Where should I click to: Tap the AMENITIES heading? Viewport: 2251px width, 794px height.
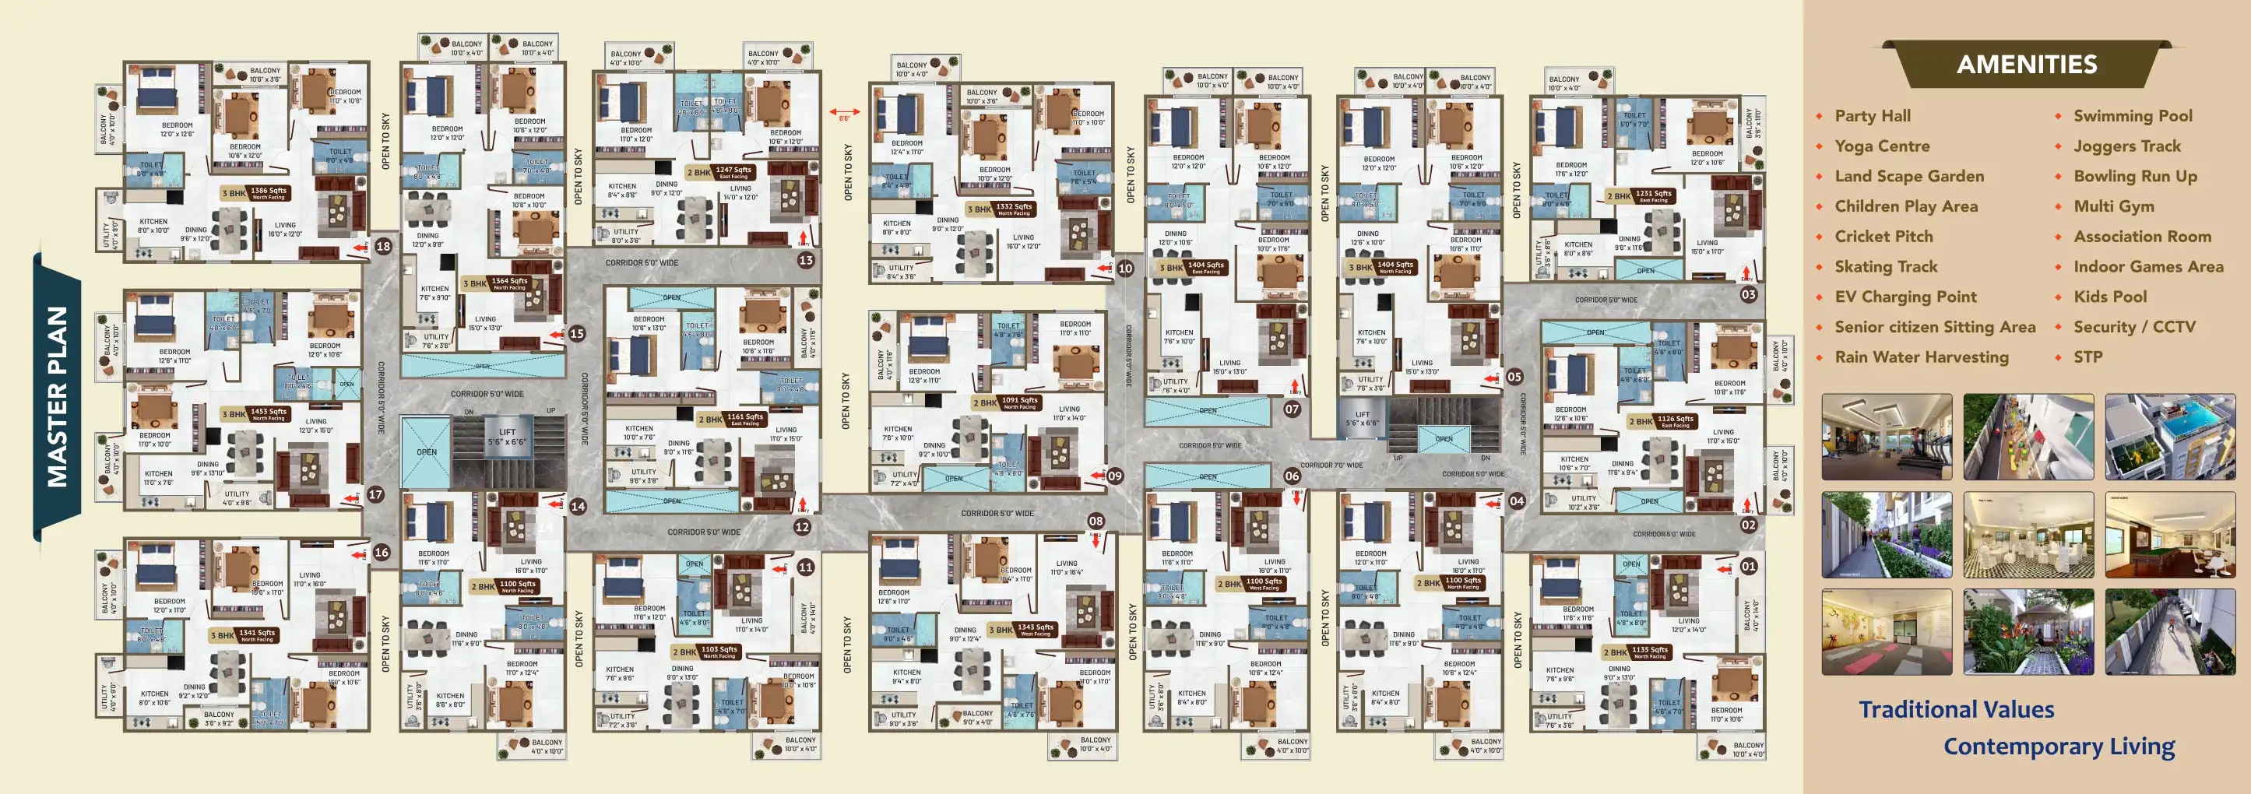(2027, 65)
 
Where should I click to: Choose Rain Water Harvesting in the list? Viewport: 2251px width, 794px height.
(1921, 357)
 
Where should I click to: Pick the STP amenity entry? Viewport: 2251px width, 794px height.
(2087, 357)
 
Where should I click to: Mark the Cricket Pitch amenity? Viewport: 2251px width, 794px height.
(1883, 237)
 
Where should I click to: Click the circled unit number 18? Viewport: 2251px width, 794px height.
(384, 246)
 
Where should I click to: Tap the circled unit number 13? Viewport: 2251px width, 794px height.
(806, 260)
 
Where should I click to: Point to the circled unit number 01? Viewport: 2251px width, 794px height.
(1748, 566)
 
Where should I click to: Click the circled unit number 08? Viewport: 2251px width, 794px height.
(1096, 522)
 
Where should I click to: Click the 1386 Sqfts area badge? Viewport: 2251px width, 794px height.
(267, 192)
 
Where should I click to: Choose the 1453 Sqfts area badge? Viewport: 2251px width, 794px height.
(267, 413)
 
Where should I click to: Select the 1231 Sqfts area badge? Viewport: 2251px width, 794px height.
(1652, 195)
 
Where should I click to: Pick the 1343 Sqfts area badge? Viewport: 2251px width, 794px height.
(1035, 629)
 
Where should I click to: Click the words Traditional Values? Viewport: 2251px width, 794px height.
(1956, 709)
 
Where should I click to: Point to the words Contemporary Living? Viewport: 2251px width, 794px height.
(2059, 747)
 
